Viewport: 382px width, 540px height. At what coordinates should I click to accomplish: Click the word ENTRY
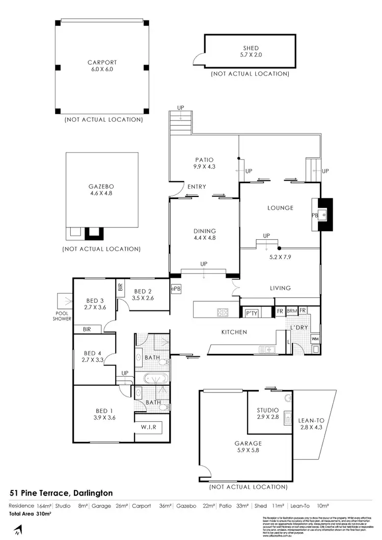197,187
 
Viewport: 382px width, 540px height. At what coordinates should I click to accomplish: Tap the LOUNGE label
280,208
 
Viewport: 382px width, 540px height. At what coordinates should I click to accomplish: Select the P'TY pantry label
251,314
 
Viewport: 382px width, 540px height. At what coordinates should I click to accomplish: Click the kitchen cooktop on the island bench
224,312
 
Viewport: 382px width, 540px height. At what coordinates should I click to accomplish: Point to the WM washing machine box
315,338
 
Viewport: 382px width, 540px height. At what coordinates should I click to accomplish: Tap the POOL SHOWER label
62,316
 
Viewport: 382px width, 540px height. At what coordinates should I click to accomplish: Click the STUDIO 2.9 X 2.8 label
267,413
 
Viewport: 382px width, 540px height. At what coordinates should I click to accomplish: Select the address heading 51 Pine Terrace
61,493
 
